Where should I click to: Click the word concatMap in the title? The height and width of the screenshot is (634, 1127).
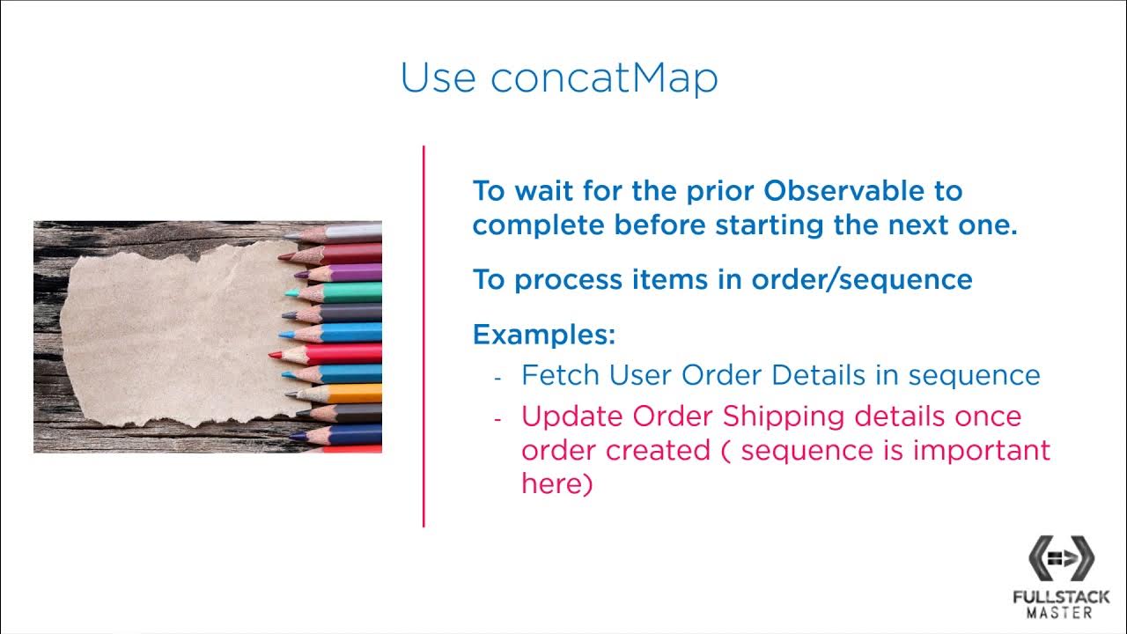tap(604, 77)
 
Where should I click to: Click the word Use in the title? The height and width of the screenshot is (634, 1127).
tap(438, 77)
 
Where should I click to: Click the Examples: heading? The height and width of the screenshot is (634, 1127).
tap(543, 335)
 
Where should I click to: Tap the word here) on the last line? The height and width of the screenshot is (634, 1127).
tap(556, 483)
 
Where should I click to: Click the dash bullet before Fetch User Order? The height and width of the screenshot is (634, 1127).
tap(497, 377)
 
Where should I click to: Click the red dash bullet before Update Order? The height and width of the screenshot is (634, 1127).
tap(497, 418)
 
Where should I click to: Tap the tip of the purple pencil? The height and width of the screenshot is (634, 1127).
tap(298, 274)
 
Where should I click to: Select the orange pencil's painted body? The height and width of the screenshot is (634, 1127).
tap(356, 394)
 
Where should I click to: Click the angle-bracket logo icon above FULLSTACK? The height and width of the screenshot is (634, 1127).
tap(1061, 557)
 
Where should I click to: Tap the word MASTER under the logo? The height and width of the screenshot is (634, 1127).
tap(1061, 612)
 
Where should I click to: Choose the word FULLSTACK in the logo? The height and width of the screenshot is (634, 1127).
tap(1061, 597)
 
